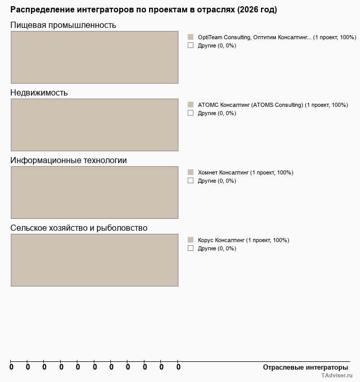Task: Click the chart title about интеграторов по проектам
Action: (x=143, y=10)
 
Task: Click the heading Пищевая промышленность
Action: (x=63, y=25)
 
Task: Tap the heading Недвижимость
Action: (x=39, y=92)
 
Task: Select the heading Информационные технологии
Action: (x=69, y=160)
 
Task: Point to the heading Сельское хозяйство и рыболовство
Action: (x=79, y=228)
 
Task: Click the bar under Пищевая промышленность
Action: (x=94, y=57)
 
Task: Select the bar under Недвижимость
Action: (x=94, y=125)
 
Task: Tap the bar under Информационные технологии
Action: (x=94, y=193)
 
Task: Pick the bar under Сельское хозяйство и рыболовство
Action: (x=94, y=260)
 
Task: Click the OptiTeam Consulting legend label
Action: (x=277, y=37)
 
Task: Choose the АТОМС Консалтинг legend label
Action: (x=273, y=105)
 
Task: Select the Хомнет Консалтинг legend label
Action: (x=246, y=172)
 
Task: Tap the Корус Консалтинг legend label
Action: (x=243, y=240)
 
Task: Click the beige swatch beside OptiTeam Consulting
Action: (x=190, y=37)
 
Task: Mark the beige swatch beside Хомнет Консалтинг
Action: (x=190, y=172)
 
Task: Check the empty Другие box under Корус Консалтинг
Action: (x=190, y=248)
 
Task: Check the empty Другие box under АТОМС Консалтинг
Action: (x=190, y=113)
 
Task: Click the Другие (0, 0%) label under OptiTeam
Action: (x=217, y=45)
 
